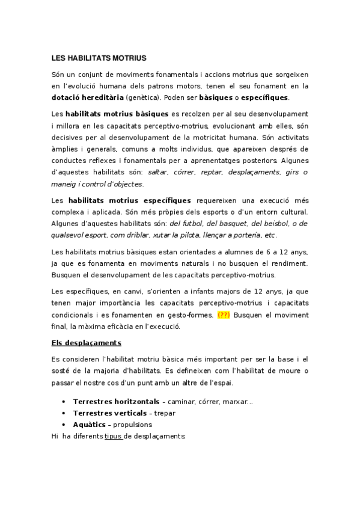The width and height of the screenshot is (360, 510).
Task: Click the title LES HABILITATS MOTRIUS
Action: pos(99,58)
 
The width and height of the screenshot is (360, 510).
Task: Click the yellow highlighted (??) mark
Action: pos(224,315)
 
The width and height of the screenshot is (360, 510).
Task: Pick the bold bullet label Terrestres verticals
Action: pos(109,413)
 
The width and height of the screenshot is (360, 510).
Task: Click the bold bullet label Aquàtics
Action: pos(90,425)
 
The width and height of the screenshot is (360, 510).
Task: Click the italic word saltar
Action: pos(157,172)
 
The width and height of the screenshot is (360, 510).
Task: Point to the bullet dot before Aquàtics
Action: pos(64,425)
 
